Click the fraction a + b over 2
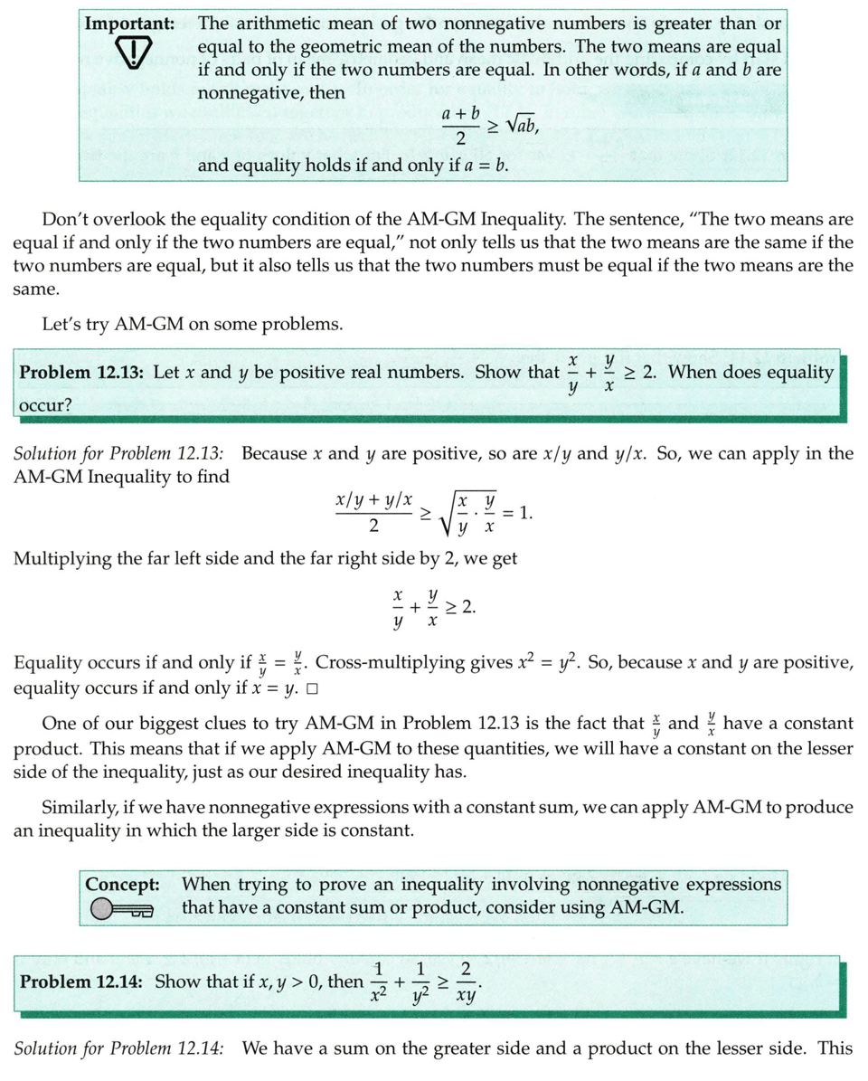point(460,127)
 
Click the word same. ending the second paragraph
point(34,289)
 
